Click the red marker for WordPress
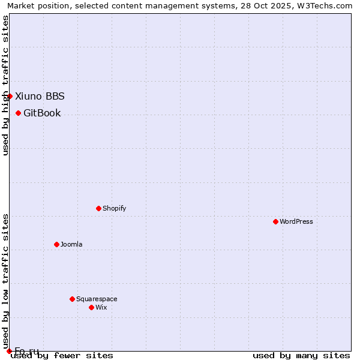(275, 221)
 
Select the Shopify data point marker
(98, 208)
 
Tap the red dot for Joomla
(56, 244)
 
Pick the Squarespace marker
(72, 299)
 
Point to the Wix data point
(91, 307)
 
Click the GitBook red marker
(18, 113)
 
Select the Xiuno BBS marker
(10, 96)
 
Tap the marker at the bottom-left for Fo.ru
(9, 351)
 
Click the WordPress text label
(296, 221)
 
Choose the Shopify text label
(114, 208)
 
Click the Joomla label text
(71, 244)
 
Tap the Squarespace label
(97, 299)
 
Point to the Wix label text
(101, 307)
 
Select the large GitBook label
(42, 113)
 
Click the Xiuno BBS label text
(40, 96)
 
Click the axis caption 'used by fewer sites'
(62, 355)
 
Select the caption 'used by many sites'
(301, 355)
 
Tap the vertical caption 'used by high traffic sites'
(5, 85)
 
